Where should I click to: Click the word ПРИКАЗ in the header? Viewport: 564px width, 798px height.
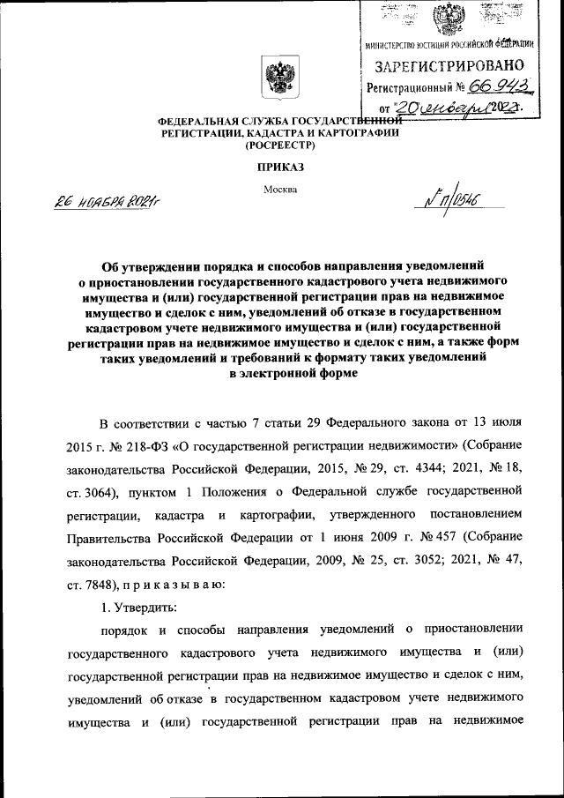280,165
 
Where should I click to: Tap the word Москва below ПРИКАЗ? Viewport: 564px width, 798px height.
280,189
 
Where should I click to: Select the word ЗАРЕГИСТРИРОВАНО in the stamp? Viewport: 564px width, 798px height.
450,66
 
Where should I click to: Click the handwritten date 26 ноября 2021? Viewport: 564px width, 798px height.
104,204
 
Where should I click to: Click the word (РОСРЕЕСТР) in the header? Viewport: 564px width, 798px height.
280,145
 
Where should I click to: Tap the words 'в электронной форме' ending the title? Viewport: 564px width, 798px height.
280,374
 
